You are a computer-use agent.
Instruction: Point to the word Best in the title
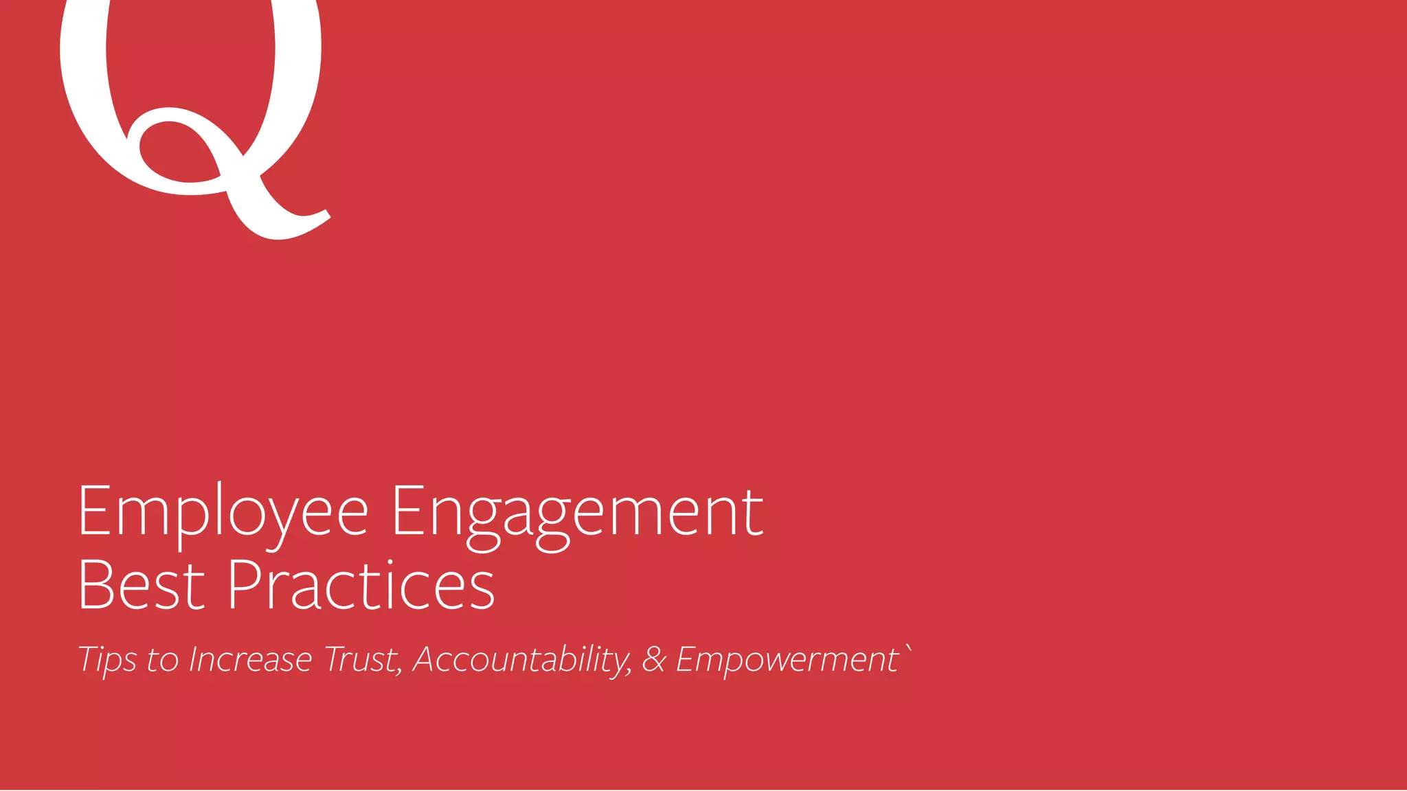142,585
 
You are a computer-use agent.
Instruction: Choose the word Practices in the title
361,585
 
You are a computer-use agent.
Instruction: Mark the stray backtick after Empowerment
909,649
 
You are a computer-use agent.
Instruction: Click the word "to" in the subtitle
163,661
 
